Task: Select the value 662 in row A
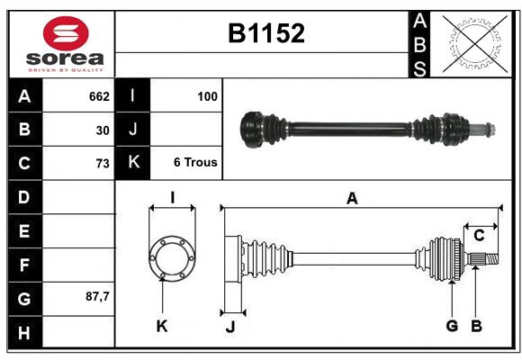click(98, 95)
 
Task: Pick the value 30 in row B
click(102, 130)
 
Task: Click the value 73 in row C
click(102, 164)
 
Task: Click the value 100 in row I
click(207, 95)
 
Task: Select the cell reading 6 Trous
click(194, 163)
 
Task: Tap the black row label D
click(23, 197)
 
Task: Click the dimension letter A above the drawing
click(352, 198)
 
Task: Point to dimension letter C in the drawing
click(479, 235)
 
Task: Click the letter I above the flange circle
click(171, 198)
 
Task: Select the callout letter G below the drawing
click(452, 326)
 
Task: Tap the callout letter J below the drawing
click(229, 327)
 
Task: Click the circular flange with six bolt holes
click(171, 258)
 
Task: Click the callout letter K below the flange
click(162, 327)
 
